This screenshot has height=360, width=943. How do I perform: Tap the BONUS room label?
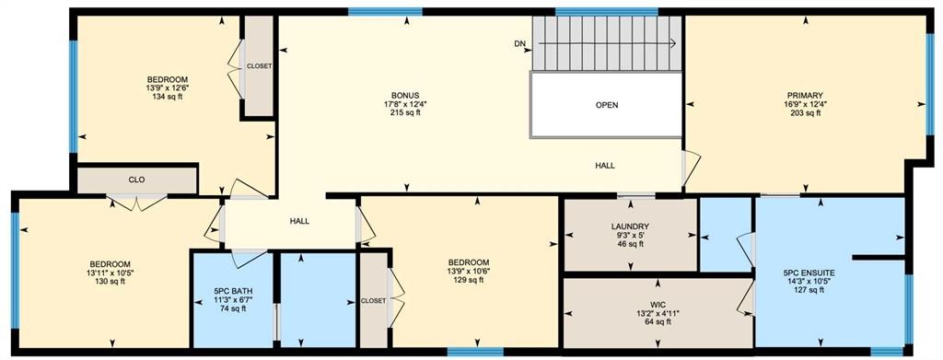(405, 95)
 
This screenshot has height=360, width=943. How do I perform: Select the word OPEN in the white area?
(607, 105)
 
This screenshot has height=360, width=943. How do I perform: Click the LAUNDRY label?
(631, 226)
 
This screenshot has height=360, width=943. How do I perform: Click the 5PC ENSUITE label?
(809, 273)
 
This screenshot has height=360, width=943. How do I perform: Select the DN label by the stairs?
(520, 43)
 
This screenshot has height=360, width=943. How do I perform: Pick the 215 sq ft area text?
(405, 113)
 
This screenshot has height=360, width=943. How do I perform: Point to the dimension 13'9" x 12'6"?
(167, 87)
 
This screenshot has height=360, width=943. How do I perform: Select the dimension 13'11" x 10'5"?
(110, 273)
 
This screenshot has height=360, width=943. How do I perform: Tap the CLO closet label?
(136, 180)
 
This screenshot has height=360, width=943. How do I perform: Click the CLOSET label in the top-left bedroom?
(259, 66)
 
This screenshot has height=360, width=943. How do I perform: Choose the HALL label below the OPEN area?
(605, 166)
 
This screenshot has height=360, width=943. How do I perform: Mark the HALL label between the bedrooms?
(299, 221)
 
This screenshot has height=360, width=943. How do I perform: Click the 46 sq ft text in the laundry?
(631, 245)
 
